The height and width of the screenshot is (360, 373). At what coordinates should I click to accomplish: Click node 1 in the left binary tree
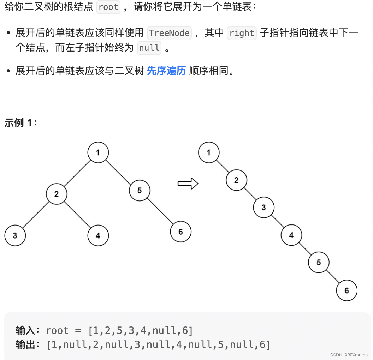coord(98,152)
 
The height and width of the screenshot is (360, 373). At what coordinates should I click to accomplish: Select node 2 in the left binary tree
coord(57,194)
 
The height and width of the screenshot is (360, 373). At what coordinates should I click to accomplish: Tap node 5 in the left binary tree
coord(140,191)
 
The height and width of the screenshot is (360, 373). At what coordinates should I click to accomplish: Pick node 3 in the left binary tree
coord(15,235)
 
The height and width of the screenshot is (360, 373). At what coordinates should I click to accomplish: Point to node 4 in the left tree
coord(98,235)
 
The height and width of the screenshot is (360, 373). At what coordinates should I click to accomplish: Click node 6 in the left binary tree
coord(180,232)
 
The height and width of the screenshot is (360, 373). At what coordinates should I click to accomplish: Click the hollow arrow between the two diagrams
coord(188,184)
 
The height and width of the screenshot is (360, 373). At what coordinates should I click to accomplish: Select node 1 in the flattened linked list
coord(209,152)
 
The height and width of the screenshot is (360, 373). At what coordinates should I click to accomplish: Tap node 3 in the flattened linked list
coord(264,208)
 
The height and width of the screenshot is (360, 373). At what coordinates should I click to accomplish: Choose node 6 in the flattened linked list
coord(347,290)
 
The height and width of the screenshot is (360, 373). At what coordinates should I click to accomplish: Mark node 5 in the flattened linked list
coord(319,263)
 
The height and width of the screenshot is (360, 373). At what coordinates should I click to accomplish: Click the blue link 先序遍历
coord(166,71)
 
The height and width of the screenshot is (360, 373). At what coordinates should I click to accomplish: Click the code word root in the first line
coord(108,7)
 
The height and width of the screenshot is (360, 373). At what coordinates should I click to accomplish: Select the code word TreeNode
coord(169,33)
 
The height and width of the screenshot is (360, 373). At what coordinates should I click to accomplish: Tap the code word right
coord(242,33)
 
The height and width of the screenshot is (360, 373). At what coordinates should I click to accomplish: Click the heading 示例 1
coord(20,123)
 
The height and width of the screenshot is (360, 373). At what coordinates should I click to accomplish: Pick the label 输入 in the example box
coord(25,331)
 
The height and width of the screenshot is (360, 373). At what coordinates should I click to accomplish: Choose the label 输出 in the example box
coord(25,345)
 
